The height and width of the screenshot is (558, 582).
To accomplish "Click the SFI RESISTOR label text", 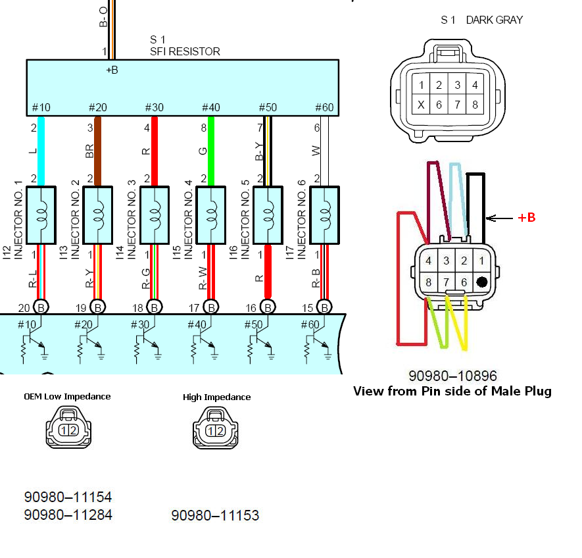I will coord(185,51).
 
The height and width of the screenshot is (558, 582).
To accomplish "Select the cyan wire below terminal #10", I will coord(41,151).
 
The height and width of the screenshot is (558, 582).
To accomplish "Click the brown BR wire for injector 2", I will coord(97,151).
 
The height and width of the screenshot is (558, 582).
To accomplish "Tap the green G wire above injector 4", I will coord(210,151).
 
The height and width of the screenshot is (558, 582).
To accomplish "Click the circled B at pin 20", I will coord(41,307).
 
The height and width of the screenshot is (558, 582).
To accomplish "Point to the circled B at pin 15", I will coord(324,307).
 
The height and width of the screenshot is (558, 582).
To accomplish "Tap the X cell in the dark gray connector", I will coord(421,105).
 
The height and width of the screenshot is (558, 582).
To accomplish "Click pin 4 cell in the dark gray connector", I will coord(475,84).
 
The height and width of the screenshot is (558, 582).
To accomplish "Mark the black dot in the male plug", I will coord(482,282).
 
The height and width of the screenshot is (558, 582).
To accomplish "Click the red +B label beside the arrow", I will coord(526,217).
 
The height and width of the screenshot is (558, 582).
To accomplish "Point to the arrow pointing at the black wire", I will coord(499,218).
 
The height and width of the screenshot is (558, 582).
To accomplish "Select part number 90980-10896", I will coord(452,376).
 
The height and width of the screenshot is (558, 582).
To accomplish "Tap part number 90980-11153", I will coord(215,515).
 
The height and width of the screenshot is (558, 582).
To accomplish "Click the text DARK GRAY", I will coord(494,20).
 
